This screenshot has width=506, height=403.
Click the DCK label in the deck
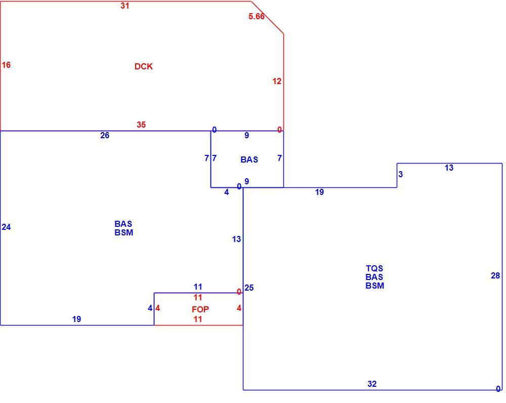click(x=144, y=66)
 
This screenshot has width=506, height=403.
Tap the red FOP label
click(x=200, y=309)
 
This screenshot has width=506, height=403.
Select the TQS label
click(x=374, y=268)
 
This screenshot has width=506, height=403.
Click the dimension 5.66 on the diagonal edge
click(x=257, y=16)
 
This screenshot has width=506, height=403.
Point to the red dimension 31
click(x=125, y=6)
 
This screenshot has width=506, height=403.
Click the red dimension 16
click(x=6, y=65)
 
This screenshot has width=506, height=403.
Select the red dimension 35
click(x=141, y=125)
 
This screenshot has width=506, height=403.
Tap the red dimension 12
click(x=277, y=82)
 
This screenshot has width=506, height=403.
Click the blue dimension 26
click(x=105, y=135)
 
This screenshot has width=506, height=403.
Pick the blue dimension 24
click(x=6, y=227)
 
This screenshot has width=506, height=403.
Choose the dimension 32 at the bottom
click(x=372, y=384)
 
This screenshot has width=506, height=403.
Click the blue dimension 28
click(x=495, y=275)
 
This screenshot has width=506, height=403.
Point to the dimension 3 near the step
click(x=400, y=174)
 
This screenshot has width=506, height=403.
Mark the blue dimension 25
click(x=249, y=288)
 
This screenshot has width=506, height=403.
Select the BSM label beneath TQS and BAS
click(x=374, y=286)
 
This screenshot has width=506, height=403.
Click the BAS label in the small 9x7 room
click(x=249, y=159)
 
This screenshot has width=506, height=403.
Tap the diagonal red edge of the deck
click(x=268, y=17)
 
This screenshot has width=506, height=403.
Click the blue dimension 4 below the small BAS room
click(x=227, y=192)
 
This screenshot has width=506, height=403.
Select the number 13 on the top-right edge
click(x=449, y=168)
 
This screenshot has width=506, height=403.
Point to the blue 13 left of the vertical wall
click(x=236, y=239)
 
